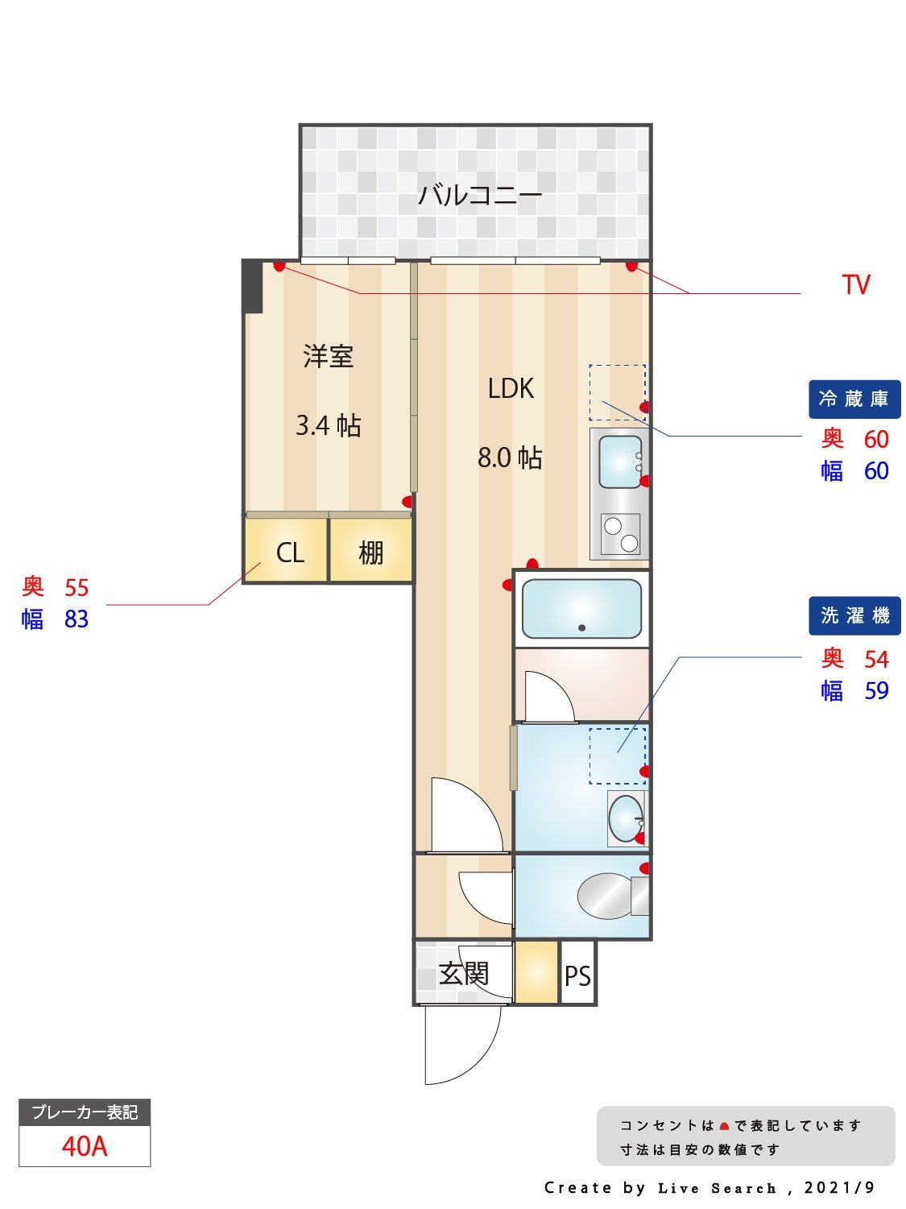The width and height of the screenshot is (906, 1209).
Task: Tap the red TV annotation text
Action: click(855, 285)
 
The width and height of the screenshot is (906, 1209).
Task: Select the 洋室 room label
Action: click(328, 356)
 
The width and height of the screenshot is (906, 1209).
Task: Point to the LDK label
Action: click(511, 388)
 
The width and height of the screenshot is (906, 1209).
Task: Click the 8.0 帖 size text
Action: click(510, 458)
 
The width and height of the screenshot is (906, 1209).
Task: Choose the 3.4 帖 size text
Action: click(328, 424)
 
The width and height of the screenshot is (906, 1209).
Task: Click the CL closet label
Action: click(289, 553)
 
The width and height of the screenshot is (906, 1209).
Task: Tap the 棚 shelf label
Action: click(370, 553)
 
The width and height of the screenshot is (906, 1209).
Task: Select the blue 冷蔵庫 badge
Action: click(854, 399)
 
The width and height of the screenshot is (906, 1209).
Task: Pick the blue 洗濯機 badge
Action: click(854, 616)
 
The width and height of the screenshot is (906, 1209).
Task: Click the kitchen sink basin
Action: click(620, 462)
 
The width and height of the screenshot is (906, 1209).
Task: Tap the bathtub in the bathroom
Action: click(581, 609)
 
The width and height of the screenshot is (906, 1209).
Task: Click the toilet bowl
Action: click(606, 896)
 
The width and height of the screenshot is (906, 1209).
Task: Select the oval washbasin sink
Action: click(626, 818)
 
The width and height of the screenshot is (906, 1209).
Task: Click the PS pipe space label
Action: click(577, 976)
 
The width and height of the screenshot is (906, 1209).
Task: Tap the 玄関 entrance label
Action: click(464, 973)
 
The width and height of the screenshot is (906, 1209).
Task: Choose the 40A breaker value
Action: click(85, 1145)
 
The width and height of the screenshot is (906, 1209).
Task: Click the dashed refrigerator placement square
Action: click(617, 392)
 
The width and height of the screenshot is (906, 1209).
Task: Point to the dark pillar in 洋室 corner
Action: click(252, 286)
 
